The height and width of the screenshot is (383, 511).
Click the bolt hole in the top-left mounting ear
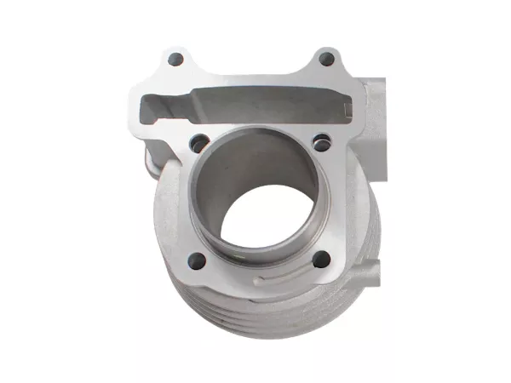[x=176, y=60]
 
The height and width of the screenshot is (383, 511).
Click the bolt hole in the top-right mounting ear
[x=325, y=60]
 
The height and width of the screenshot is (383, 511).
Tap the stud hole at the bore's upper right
[x=321, y=142]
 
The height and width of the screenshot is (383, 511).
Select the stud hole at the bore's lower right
[x=321, y=260]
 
